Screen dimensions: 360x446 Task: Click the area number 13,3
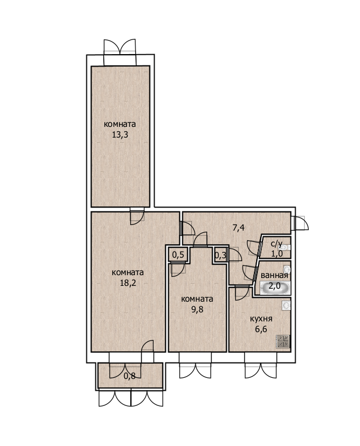point(120,135)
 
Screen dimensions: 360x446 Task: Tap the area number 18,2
point(128,283)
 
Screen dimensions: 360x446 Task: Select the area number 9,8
point(197,309)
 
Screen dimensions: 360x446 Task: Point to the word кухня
point(261,319)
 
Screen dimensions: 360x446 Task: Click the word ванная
point(274,275)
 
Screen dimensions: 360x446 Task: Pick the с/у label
point(276,244)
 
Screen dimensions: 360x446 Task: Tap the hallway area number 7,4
point(239,228)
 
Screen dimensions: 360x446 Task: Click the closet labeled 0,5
point(178,254)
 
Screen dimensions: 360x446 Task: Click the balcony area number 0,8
point(129,376)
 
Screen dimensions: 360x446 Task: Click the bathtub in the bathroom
point(275,288)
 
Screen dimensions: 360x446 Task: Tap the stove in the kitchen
point(283,341)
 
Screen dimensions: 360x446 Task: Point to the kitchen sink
point(286,305)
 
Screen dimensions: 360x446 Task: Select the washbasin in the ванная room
point(287,270)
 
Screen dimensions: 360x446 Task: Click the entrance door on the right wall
point(300,223)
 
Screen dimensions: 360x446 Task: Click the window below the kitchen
point(261,365)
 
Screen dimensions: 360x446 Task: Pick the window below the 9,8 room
point(195,365)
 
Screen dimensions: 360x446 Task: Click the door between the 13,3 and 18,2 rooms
point(137,216)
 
